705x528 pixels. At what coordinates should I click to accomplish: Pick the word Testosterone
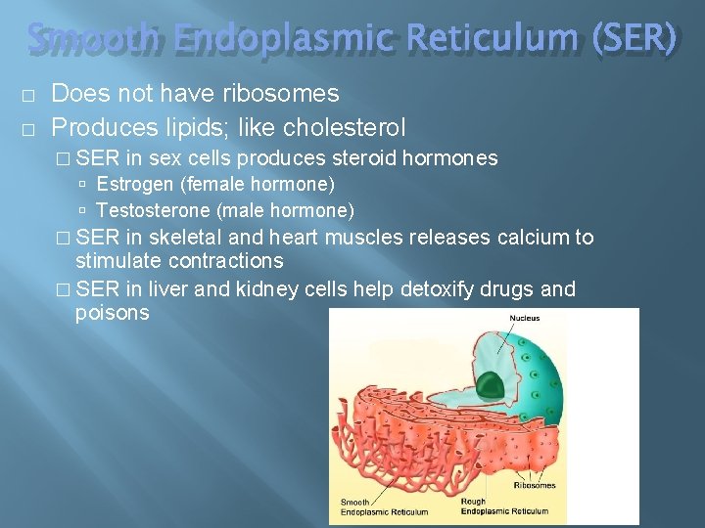pos(154,210)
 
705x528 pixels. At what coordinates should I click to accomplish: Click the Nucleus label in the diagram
pos(524,319)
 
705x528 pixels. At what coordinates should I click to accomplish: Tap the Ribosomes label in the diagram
pos(536,485)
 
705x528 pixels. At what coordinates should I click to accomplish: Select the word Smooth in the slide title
pos(92,38)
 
